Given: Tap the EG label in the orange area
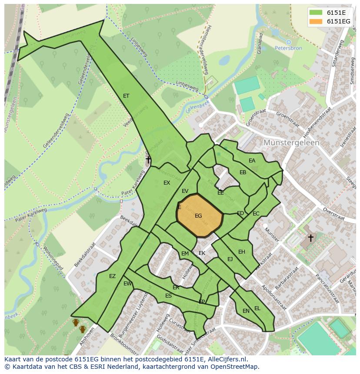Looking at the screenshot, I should click(x=198, y=216).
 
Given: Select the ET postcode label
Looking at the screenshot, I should click(x=126, y=96).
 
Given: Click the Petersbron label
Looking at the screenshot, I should click(x=289, y=48).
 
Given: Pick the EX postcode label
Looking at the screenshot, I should click(x=167, y=183).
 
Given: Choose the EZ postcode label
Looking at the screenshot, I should click(x=112, y=276).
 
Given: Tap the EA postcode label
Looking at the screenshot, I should click(x=252, y=161).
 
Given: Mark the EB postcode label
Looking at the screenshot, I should click(x=243, y=172).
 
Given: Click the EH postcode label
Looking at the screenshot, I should click(x=242, y=252).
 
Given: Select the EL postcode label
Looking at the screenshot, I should click(x=257, y=308).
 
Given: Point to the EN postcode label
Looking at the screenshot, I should click(x=246, y=311).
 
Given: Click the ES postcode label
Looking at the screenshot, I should click(x=168, y=296).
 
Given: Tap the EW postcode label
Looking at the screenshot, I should click(x=127, y=284).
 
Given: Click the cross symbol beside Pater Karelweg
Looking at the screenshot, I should click(x=148, y=160).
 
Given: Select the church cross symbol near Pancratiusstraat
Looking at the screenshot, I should click(x=310, y=238).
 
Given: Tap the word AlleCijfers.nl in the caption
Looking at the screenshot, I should click(x=227, y=359).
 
